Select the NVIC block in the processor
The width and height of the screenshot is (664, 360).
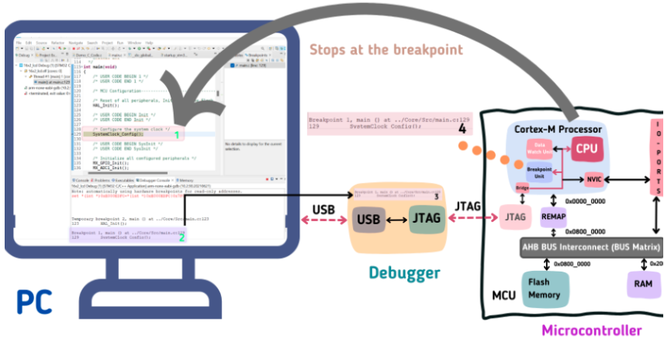tap(593, 180)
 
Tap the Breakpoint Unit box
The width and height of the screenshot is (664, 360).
tap(539, 172)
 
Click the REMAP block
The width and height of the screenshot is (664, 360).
tap(554, 217)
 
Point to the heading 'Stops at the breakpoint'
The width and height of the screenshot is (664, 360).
tap(386, 50)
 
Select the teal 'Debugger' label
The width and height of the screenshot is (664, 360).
tap(403, 272)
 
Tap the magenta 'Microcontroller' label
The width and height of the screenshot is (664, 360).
tap(591, 331)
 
